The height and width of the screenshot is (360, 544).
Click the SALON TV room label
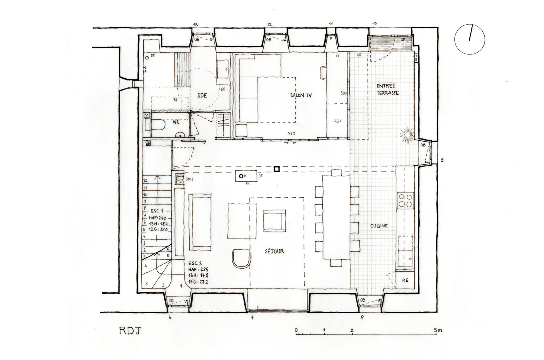pyautogui.click(x=301, y=96)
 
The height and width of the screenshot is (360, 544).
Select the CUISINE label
pyautogui.click(x=379, y=226)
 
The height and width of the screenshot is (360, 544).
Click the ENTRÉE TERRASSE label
pyautogui.click(x=387, y=89)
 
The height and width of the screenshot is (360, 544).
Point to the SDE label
pyautogui.click(x=202, y=96)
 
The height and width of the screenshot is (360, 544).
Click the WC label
pyautogui.click(x=176, y=122)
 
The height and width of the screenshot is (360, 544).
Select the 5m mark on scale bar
pyautogui.click(x=437, y=330)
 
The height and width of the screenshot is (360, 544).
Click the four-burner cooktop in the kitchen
pyautogui.click(x=405, y=200)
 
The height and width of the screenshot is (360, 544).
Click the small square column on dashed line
pyautogui.click(x=277, y=169)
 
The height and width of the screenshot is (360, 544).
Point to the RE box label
pyautogui.click(x=405, y=281)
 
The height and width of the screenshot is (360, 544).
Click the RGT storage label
pyautogui.click(x=338, y=122)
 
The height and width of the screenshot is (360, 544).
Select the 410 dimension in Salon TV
pyautogui.click(x=291, y=134)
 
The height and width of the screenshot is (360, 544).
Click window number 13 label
pyautogui.click(x=195, y=24)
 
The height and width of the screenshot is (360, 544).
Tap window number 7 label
pyautogui.click(x=252, y=318)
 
